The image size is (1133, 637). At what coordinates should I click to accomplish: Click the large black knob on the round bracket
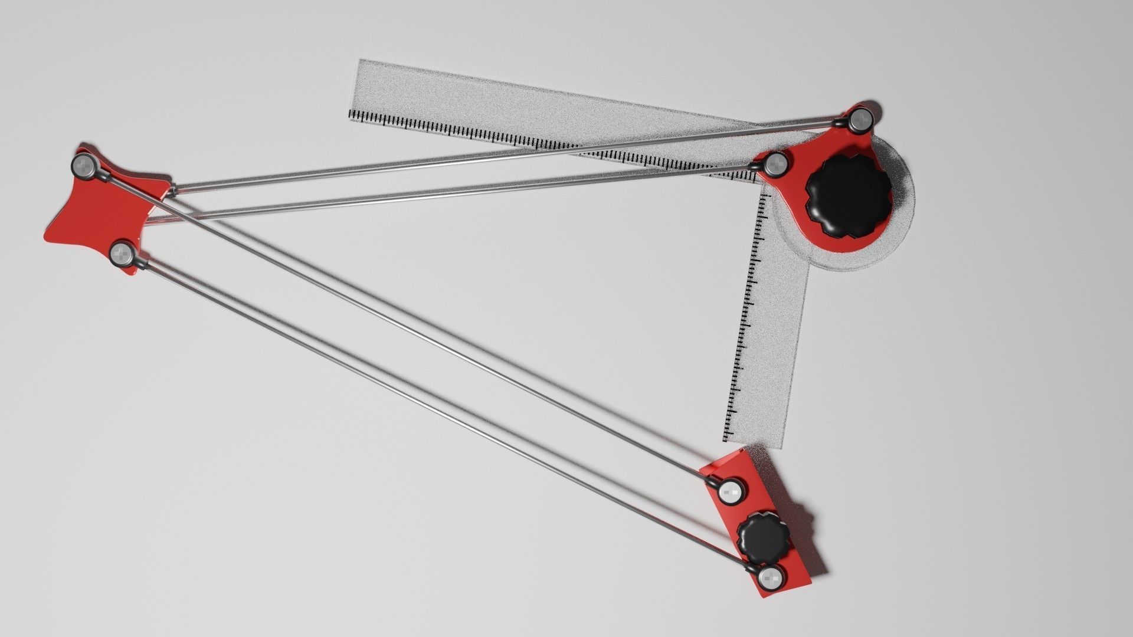(849, 201)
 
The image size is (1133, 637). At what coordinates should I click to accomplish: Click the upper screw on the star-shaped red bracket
(85, 166)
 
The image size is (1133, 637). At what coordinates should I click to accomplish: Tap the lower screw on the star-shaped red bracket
(122, 254)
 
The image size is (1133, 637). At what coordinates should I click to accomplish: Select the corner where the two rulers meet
(761, 180)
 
